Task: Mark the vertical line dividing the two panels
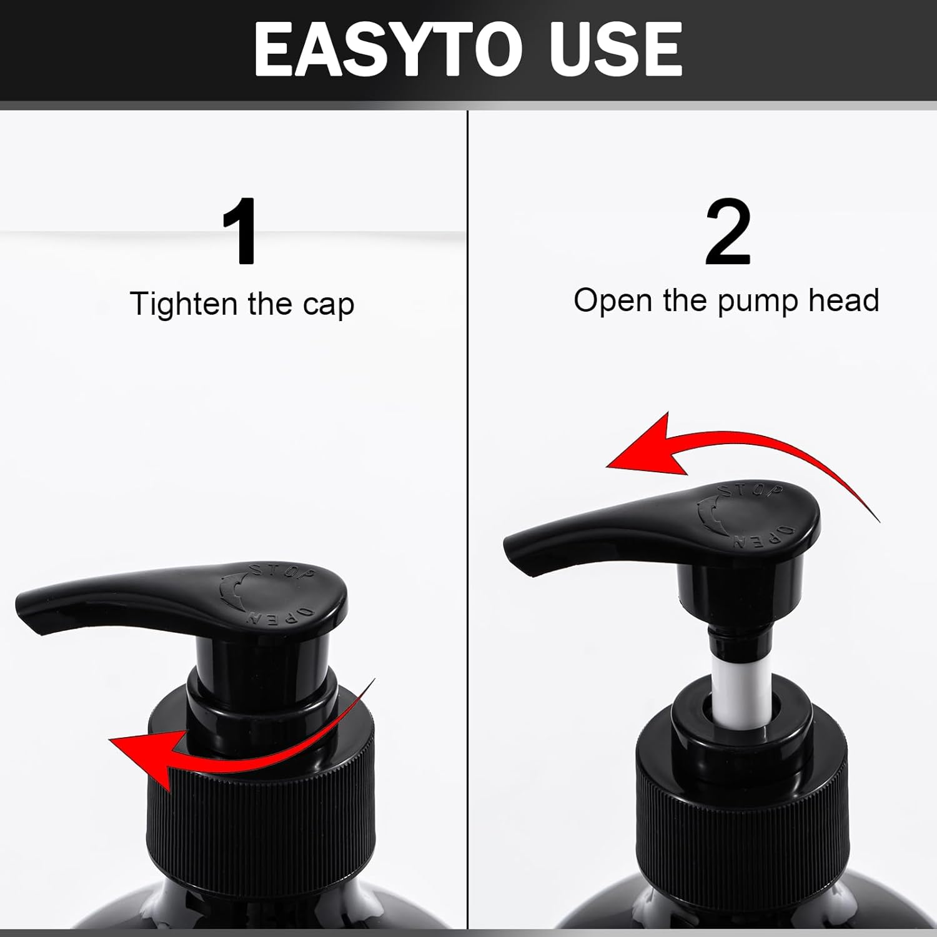468,500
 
